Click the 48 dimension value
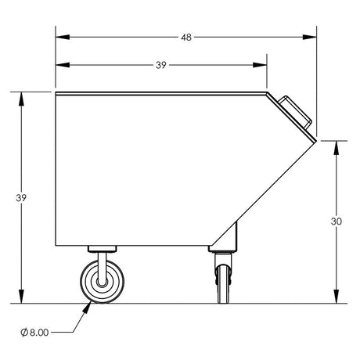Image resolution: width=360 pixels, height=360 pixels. pyautogui.click(x=186, y=38)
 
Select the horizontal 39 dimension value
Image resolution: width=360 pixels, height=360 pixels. pyautogui.click(x=161, y=65)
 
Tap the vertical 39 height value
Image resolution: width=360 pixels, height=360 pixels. pyautogui.click(x=21, y=198)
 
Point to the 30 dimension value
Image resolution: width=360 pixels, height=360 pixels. pyautogui.click(x=337, y=221)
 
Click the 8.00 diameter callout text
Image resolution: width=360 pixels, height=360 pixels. pyautogui.click(x=39, y=333)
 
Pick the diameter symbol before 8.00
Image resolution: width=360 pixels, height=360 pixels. pyautogui.click(x=24, y=333)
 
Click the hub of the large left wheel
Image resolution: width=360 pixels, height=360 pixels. pyautogui.click(x=103, y=282)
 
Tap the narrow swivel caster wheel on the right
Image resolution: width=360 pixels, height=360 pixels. pyautogui.click(x=223, y=284)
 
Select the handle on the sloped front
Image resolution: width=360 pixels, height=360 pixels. pyautogui.click(x=295, y=112)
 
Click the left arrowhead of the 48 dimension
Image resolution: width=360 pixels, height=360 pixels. pyautogui.click(x=63, y=37)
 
